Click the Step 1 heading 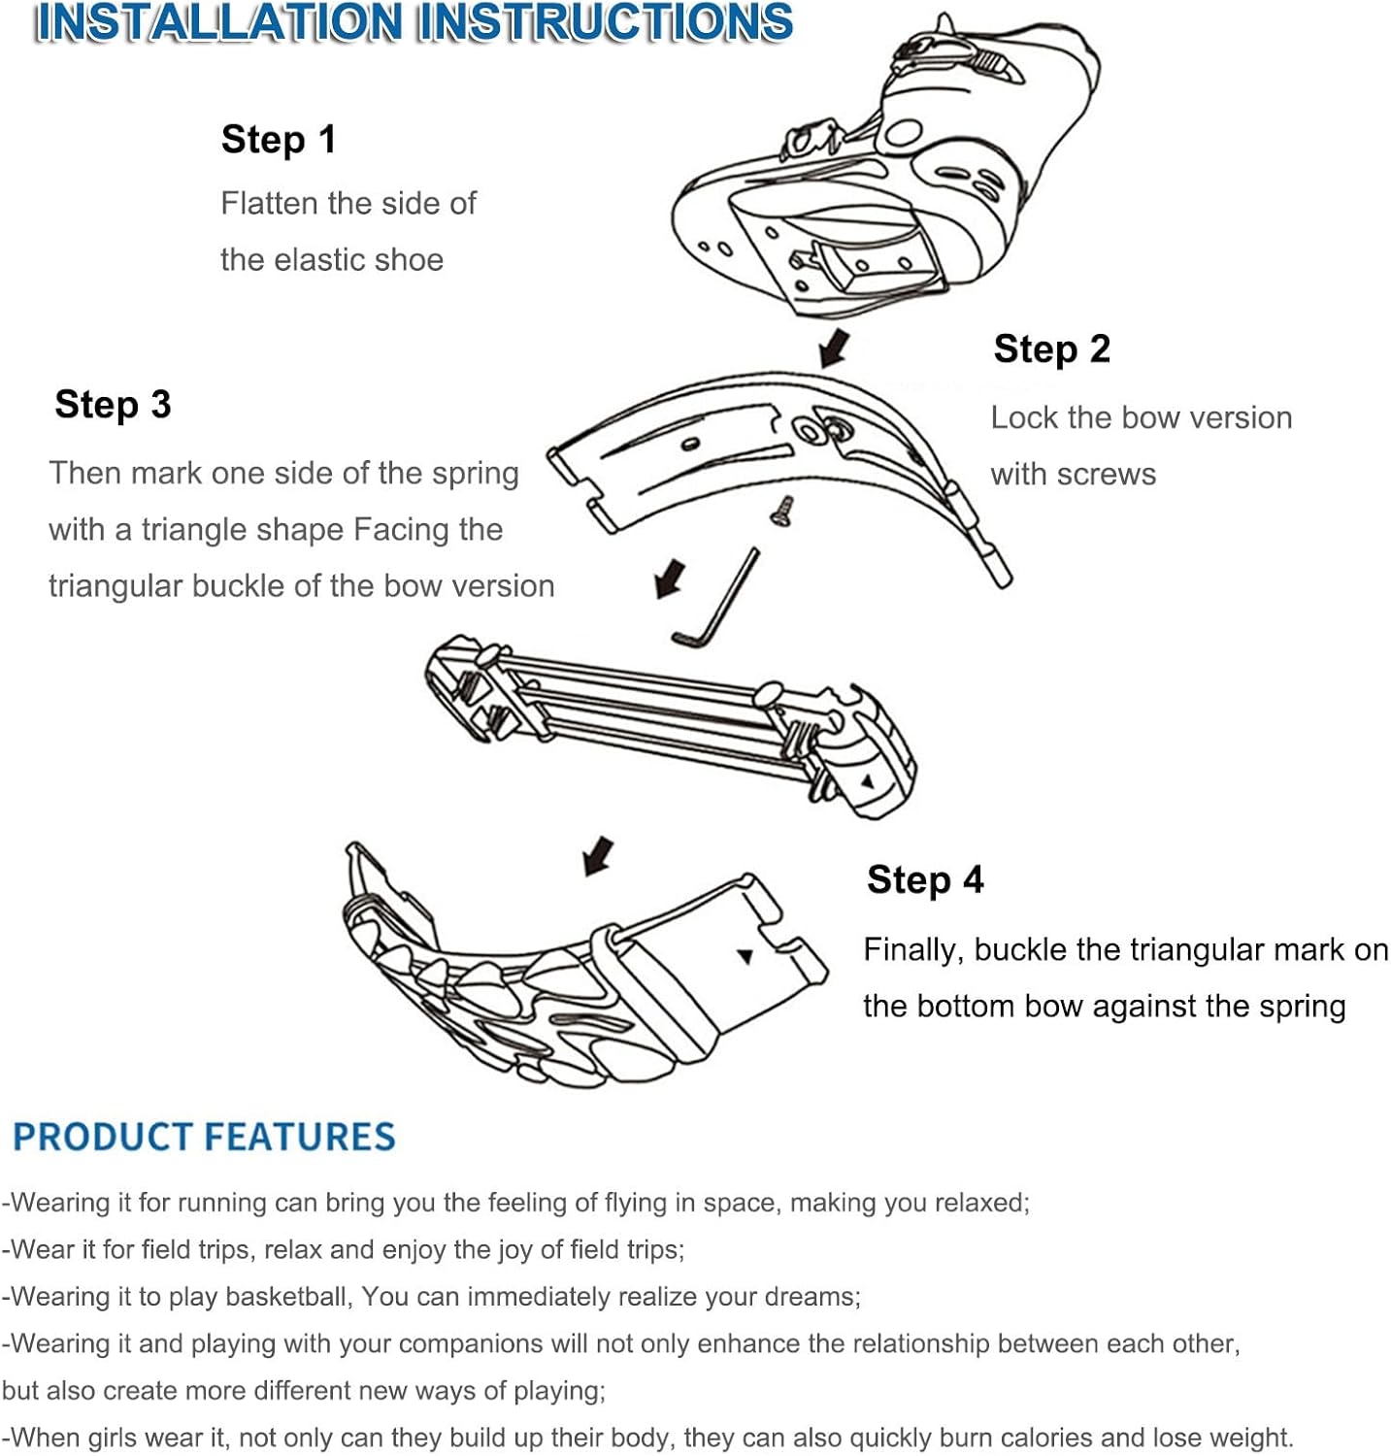[x=279, y=140]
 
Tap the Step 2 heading [x=1051, y=349]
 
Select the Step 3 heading [x=113, y=405]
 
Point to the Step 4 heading [x=925, y=880]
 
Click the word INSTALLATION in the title [x=218, y=23]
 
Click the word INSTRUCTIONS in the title [x=605, y=23]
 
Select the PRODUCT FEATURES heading [x=204, y=1137]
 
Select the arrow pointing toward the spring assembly [x=670, y=579]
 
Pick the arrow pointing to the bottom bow [x=598, y=856]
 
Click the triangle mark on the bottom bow [x=745, y=956]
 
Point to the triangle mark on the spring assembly [x=868, y=781]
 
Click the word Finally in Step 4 [x=913, y=949]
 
